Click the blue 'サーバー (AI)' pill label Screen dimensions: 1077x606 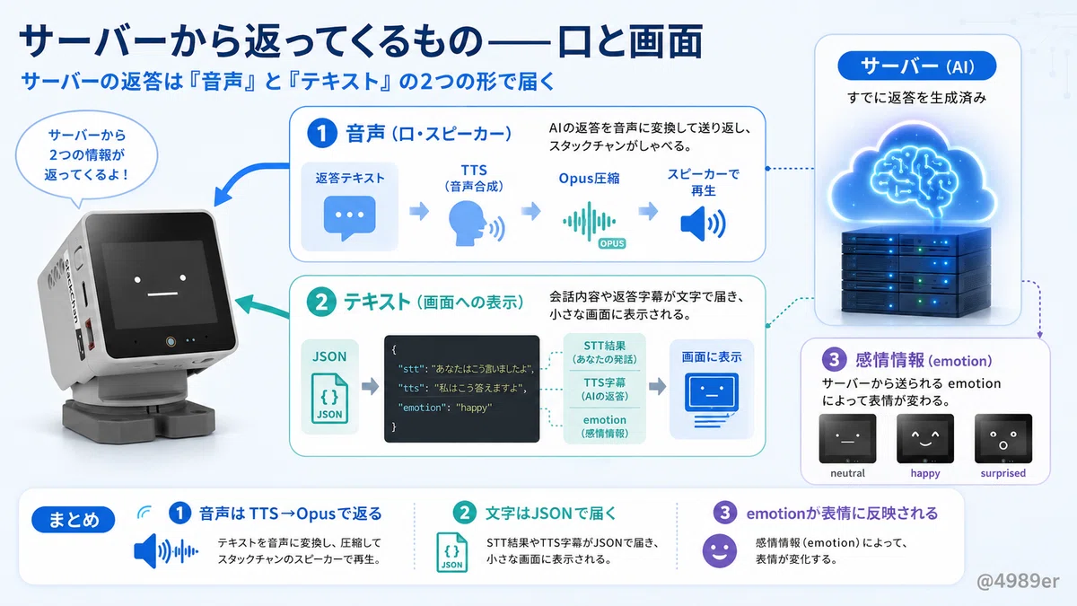pyautogui.click(x=917, y=66)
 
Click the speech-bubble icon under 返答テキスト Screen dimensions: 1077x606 pyautogui.click(x=349, y=217)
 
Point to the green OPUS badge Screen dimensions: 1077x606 pyautogui.click(x=612, y=243)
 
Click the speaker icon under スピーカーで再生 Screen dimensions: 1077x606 pyautogui.click(x=703, y=224)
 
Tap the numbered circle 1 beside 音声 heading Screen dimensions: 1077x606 pyautogui.click(x=321, y=133)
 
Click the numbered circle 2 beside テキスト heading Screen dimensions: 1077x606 pyautogui.click(x=320, y=302)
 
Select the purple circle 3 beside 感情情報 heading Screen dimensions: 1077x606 pyautogui.click(x=834, y=359)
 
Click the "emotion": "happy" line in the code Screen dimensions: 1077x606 pyautogui.click(x=445, y=408)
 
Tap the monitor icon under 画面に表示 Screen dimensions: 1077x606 pyautogui.click(x=712, y=400)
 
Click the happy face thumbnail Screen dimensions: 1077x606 pyautogui.click(x=925, y=439)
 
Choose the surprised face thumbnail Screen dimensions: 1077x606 pyautogui.click(x=1003, y=439)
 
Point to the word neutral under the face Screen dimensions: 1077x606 pyautogui.click(x=847, y=473)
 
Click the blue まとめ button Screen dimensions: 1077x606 pyautogui.click(x=73, y=520)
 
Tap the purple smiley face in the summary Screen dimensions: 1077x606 pyautogui.click(x=719, y=551)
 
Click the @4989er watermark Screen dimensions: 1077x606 pyautogui.click(x=1018, y=581)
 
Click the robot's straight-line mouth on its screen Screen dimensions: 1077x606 pyautogui.click(x=162, y=294)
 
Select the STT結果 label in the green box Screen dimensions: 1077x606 pyautogui.click(x=604, y=346)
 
